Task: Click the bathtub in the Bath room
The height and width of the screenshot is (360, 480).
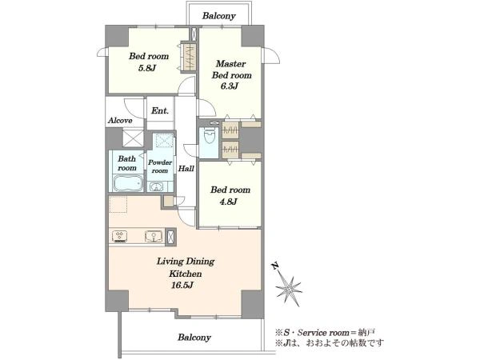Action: coord(128,182)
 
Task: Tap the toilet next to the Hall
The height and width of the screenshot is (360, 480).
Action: coord(210,136)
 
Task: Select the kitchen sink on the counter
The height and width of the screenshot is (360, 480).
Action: coord(154,236)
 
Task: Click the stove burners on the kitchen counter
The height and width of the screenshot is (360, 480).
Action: coord(120,236)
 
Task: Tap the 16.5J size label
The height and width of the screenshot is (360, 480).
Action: coord(182,286)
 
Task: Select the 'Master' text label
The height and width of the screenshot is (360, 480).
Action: coord(230,64)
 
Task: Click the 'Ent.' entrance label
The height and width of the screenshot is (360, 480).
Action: coord(160,110)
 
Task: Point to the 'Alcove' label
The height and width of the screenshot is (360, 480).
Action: coord(120,120)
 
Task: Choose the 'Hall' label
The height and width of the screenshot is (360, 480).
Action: coord(186,168)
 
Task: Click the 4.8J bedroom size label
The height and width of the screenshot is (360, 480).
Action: coord(228,202)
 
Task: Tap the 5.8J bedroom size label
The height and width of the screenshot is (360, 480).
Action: coord(147,68)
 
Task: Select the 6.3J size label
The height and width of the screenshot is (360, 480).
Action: coord(230,86)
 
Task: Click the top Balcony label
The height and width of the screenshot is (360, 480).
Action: coord(219,16)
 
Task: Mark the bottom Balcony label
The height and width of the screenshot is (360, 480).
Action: coord(194,338)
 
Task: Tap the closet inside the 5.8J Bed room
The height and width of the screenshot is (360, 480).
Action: coord(188,57)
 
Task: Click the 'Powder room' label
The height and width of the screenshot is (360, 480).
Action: coord(160,166)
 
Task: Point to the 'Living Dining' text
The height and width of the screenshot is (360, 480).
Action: coord(186,262)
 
